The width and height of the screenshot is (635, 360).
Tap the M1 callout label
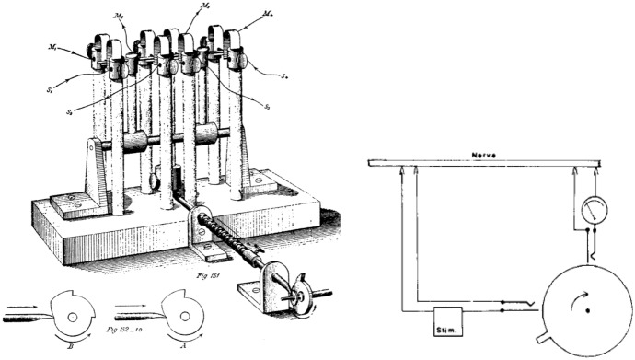[57, 49]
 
